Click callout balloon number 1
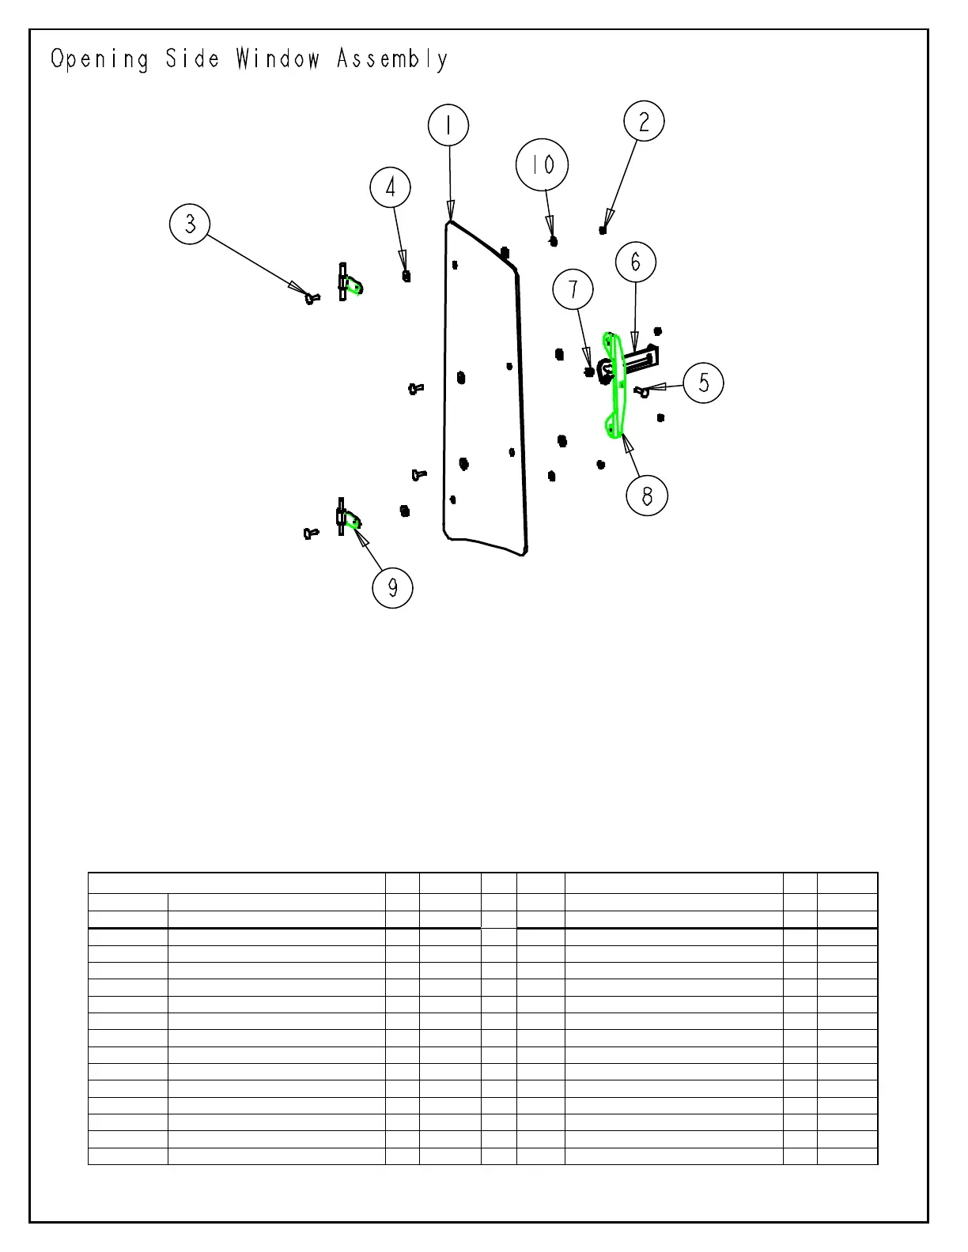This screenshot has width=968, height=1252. pyautogui.click(x=448, y=126)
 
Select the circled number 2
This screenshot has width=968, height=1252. pyautogui.click(x=644, y=122)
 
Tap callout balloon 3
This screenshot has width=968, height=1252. pyautogui.click(x=190, y=224)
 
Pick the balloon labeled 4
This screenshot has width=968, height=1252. pyautogui.click(x=391, y=188)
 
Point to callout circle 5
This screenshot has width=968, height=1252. pyautogui.click(x=703, y=383)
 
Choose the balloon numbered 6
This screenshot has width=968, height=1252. pyautogui.click(x=636, y=262)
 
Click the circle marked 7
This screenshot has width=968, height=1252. pyautogui.click(x=573, y=289)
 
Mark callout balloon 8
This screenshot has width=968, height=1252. pyautogui.click(x=647, y=496)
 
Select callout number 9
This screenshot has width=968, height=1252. pyautogui.click(x=392, y=586)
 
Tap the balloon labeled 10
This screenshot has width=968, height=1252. pyautogui.click(x=542, y=165)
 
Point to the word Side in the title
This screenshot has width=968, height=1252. pyautogui.click(x=192, y=59)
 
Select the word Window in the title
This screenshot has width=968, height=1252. pyautogui.click(x=278, y=59)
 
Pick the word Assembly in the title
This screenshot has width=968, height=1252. pyautogui.click(x=392, y=60)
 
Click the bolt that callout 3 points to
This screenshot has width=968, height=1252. pyautogui.click(x=312, y=298)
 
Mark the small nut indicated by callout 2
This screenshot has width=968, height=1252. pyautogui.click(x=603, y=230)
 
